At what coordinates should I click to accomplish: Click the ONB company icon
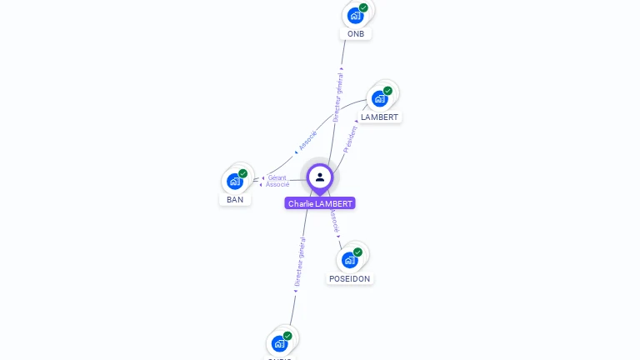[x=356, y=15]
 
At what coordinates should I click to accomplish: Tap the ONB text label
[x=356, y=34]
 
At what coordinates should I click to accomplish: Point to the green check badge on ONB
[x=363, y=7]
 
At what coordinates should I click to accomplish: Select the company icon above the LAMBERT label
[x=380, y=98]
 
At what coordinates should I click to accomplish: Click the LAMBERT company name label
[x=380, y=117]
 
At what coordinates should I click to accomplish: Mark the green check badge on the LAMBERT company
[x=387, y=91]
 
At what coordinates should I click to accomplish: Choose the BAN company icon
[x=235, y=181]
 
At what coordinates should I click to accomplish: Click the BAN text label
[x=235, y=200]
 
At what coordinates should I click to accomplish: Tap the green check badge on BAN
[x=242, y=173]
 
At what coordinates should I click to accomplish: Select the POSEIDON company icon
[x=350, y=259]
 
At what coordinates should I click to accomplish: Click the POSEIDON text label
[x=350, y=279]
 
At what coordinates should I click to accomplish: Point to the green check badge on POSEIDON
[x=357, y=252]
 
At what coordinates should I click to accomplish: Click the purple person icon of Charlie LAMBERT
[x=320, y=177]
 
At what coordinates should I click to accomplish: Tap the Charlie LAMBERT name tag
[x=320, y=203]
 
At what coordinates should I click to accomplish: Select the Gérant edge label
[x=277, y=177]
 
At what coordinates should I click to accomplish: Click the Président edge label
[x=350, y=138]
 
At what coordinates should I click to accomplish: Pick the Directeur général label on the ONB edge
[x=337, y=98]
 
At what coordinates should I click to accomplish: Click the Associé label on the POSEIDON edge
[x=333, y=220]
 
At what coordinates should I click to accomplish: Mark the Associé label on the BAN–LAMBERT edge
[x=307, y=140]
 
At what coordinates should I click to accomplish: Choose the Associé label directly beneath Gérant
[x=277, y=184]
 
